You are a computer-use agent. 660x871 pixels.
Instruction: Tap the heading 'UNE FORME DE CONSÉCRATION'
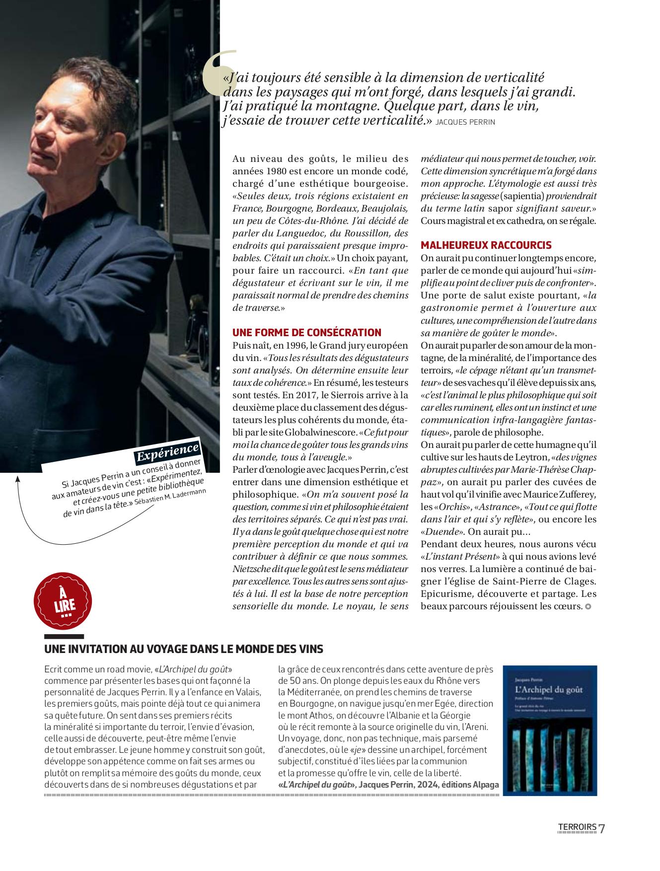pyautogui.click(x=307, y=332)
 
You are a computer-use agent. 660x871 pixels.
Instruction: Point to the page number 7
pyautogui.click(x=602, y=828)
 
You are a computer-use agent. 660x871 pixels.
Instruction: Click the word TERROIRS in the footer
pyautogui.click(x=577, y=827)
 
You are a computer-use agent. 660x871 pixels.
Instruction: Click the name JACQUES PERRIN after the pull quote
pyautogui.click(x=465, y=122)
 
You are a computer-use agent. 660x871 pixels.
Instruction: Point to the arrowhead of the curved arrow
pyautogui.click(x=18, y=479)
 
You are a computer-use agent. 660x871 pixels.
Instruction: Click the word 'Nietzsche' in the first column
pyautogui.click(x=253, y=569)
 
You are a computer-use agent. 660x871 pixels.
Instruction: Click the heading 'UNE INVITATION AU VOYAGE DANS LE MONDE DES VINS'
pyautogui.click(x=184, y=649)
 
